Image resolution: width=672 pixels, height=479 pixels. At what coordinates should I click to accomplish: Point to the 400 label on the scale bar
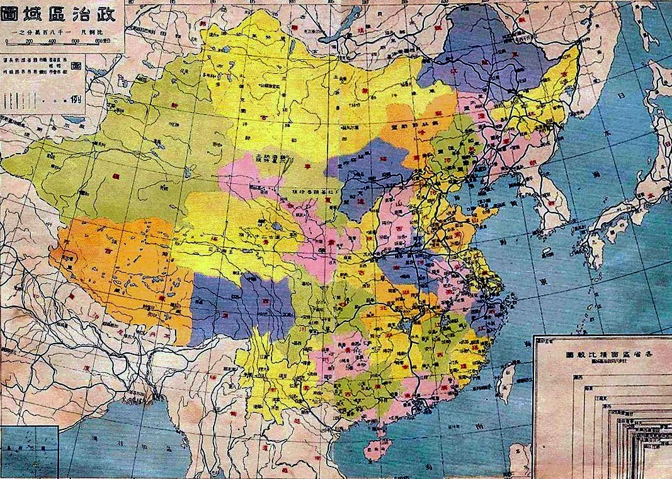coord(52,41)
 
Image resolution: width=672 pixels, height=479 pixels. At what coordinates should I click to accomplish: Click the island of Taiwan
coord(506,381)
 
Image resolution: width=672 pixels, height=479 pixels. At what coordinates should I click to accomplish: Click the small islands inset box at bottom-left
coord(29,451)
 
